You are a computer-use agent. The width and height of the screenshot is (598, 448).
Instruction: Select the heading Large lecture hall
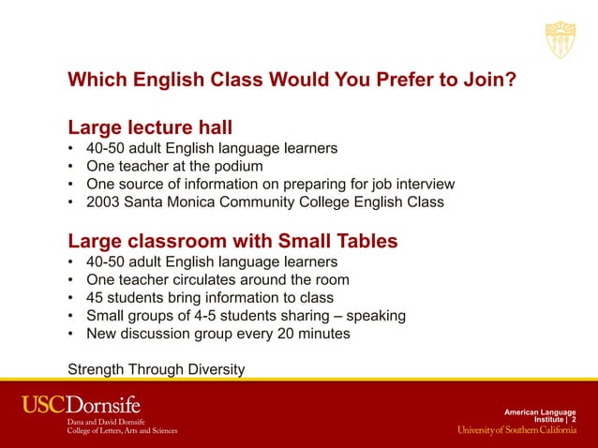tap(150, 127)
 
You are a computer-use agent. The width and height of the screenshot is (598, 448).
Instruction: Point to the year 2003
tap(103, 202)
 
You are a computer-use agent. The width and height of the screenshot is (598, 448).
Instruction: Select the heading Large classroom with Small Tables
tap(232, 242)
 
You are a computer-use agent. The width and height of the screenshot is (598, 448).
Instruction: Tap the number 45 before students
tap(95, 298)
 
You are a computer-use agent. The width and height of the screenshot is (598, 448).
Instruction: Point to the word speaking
tap(374, 316)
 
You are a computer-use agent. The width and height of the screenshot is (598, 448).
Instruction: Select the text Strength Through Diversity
tap(156, 369)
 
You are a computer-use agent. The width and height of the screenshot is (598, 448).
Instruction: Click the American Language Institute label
tap(539, 415)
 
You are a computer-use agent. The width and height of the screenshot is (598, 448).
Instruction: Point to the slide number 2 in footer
tap(574, 420)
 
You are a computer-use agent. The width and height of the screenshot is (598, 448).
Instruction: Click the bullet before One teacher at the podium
tap(72, 167)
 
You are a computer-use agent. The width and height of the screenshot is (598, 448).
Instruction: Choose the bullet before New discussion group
tap(72, 335)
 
